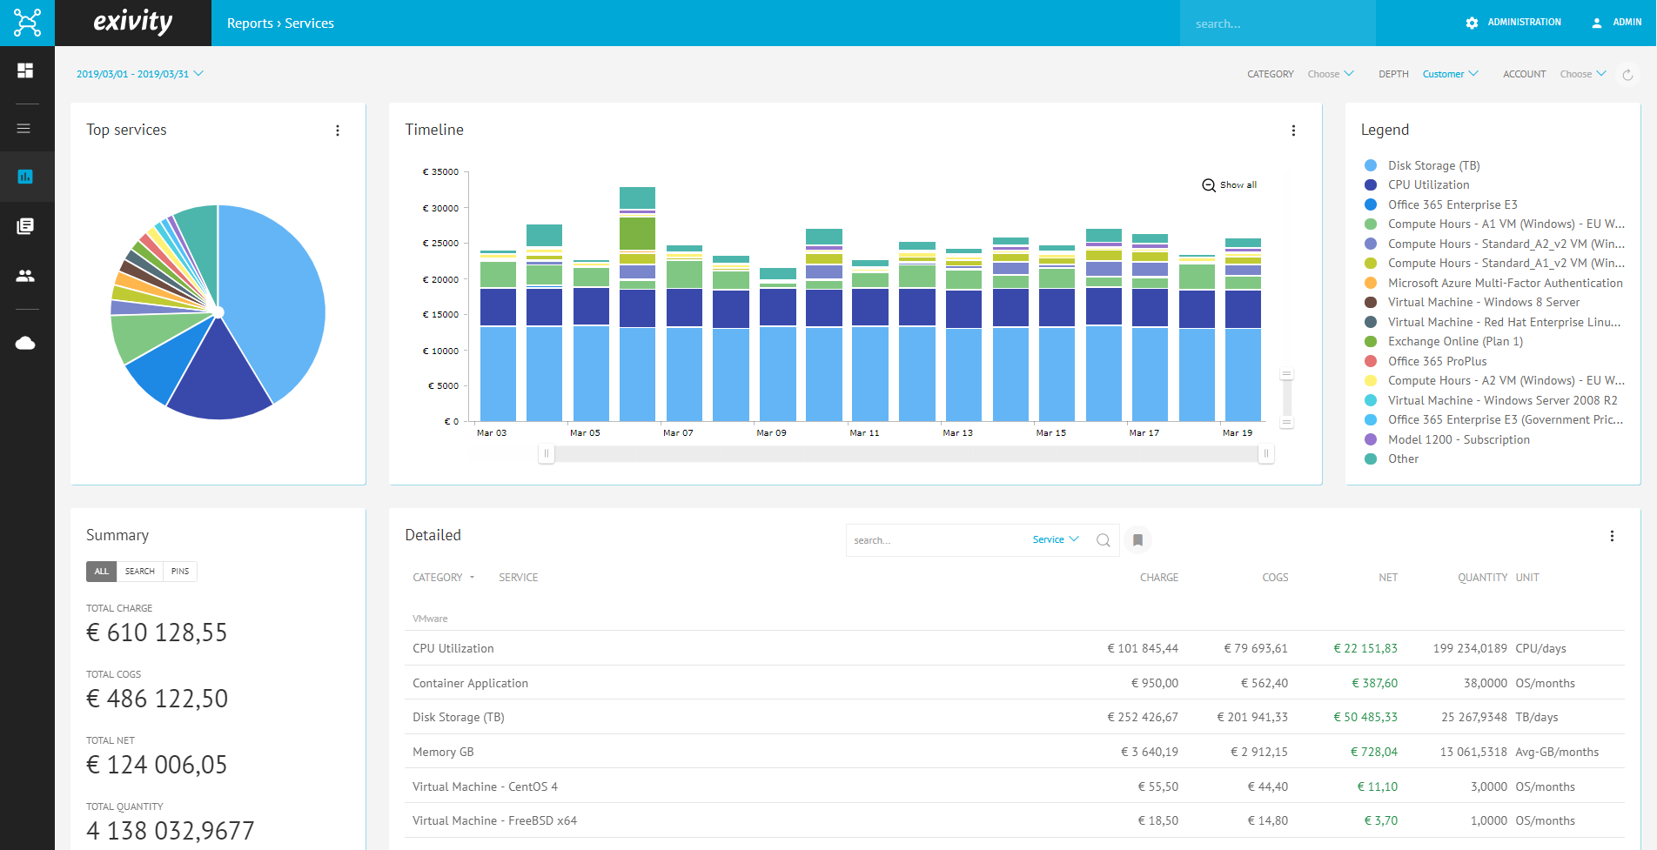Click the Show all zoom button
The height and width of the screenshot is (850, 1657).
pyautogui.click(x=1230, y=185)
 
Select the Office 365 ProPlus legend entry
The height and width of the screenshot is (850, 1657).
pyautogui.click(x=1426, y=361)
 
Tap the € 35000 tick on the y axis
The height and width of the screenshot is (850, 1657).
pyautogui.click(x=440, y=172)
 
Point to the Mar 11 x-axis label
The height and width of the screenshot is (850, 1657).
pyautogui.click(x=864, y=432)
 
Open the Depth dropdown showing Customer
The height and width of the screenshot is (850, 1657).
pyautogui.click(x=1450, y=74)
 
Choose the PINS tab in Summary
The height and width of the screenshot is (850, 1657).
pyautogui.click(x=180, y=572)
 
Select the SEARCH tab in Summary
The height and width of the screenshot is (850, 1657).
pyautogui.click(x=139, y=572)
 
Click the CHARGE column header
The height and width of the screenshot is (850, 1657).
pyautogui.click(x=1159, y=578)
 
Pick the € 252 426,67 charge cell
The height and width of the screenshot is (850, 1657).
pyautogui.click(x=1143, y=718)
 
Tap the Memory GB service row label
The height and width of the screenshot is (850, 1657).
pyautogui.click(x=443, y=752)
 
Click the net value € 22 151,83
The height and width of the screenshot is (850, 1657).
pyautogui.click(x=1365, y=648)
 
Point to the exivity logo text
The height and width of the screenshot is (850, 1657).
pyautogui.click(x=133, y=22)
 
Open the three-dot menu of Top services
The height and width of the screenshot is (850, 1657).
pyautogui.click(x=338, y=131)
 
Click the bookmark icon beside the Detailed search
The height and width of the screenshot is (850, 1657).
pyautogui.click(x=1137, y=540)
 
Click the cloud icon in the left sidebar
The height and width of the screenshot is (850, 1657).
pyautogui.click(x=25, y=343)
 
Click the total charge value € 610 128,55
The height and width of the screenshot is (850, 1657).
pyautogui.click(x=157, y=632)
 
